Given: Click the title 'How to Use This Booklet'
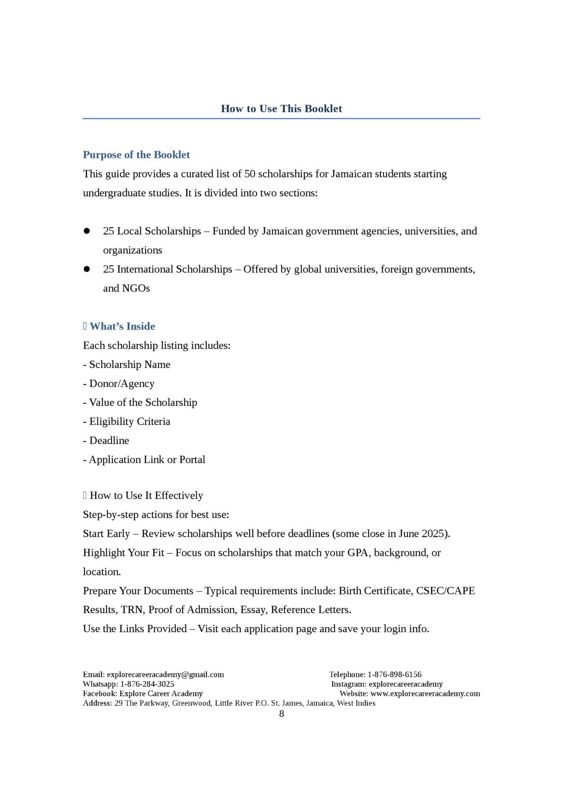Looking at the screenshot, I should point(281,109).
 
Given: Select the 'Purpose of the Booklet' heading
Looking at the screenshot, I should point(136,155).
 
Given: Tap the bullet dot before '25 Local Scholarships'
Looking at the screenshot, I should point(87,231).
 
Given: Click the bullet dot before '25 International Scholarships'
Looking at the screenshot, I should point(87,269).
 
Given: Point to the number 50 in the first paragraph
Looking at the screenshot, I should point(250,174).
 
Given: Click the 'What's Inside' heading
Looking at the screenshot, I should point(122,326).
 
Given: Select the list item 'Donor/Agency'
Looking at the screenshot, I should point(121,383).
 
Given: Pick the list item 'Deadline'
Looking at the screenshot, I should point(109,440).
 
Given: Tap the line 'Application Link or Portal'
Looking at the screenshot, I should point(147,459).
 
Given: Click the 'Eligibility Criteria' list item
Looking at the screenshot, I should point(130,422).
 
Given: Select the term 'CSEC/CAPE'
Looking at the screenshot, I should point(445,591).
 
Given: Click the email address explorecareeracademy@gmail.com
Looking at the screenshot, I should point(165,675).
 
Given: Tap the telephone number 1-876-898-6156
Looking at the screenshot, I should point(394,675).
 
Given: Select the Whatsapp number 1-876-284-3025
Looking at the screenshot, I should point(147,684).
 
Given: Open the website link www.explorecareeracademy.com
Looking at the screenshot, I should point(425,693).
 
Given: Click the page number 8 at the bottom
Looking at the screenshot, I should point(281,714).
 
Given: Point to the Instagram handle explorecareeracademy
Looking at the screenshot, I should point(405,684).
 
